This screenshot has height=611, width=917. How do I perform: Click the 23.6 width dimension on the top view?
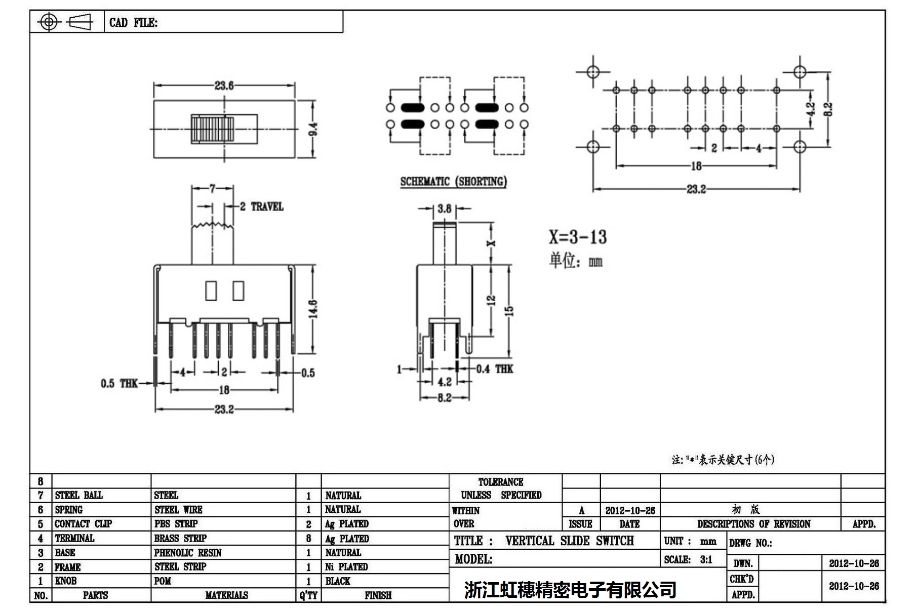point(224,86)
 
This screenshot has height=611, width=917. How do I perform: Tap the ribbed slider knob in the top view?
point(212,129)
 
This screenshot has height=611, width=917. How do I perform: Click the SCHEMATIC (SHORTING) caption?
point(453,182)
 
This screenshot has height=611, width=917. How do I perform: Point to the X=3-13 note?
point(578,237)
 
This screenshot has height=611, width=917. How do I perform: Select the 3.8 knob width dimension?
point(444,209)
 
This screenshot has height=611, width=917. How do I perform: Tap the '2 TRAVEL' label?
point(261,207)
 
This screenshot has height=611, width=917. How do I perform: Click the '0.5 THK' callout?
point(119,383)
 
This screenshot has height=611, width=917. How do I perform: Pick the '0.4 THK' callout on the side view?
point(494,369)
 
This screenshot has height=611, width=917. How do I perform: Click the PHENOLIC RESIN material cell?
point(188,553)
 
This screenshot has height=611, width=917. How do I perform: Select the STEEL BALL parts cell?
point(78,495)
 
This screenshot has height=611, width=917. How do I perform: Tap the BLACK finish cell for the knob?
point(338,581)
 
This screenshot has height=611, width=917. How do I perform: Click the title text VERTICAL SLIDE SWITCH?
point(569,541)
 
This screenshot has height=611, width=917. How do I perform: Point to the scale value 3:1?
point(706,559)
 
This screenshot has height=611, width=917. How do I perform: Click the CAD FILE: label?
point(133,23)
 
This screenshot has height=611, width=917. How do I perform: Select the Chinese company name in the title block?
point(570,589)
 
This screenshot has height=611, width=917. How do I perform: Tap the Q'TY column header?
point(308,595)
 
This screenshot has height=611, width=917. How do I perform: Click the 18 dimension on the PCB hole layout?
point(696,166)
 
